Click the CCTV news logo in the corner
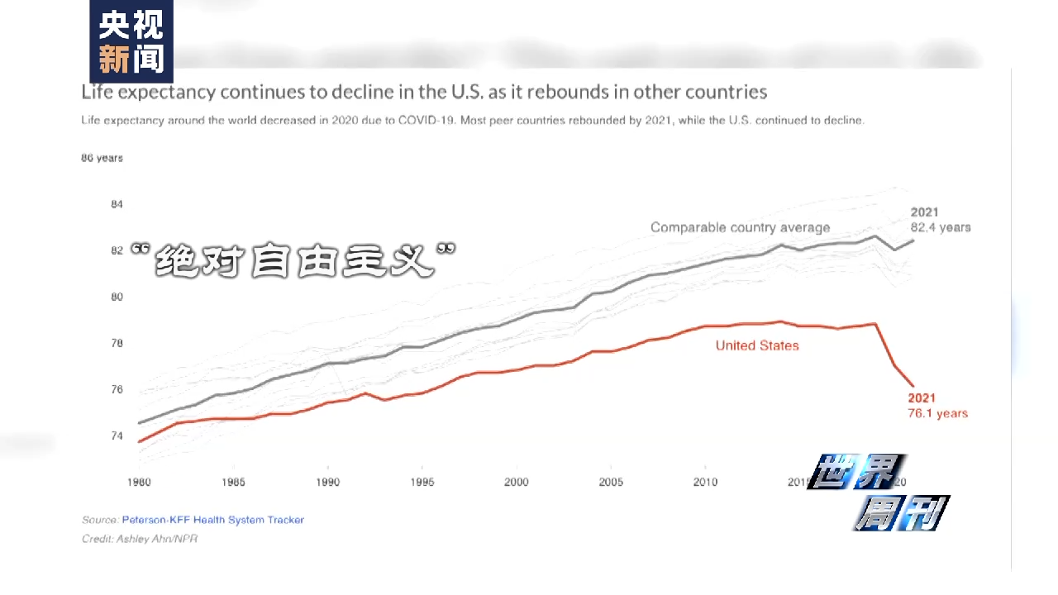pyautogui.click(x=131, y=41)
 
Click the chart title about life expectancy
pyautogui.click(x=424, y=92)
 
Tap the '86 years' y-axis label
pyautogui.click(x=102, y=158)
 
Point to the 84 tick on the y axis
pyautogui.click(x=117, y=204)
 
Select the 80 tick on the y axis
pyautogui.click(x=117, y=297)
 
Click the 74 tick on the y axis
pyautogui.click(x=117, y=436)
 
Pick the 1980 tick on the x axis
pyautogui.click(x=139, y=482)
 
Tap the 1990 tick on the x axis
pyautogui.click(x=328, y=482)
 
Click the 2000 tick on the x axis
pyautogui.click(x=517, y=482)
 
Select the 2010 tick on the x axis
pyautogui.click(x=705, y=482)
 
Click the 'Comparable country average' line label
pyautogui.click(x=740, y=227)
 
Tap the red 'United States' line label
pyautogui.click(x=757, y=345)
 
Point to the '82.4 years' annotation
pyautogui.click(x=941, y=227)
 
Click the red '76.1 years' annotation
pyautogui.click(x=937, y=413)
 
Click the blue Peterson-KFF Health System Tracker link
pyautogui.click(x=213, y=520)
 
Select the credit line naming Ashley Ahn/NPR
pyautogui.click(x=140, y=539)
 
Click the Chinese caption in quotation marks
pyautogui.click(x=294, y=259)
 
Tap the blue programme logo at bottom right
pyautogui.click(x=879, y=493)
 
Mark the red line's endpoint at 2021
pyautogui.click(x=913, y=386)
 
